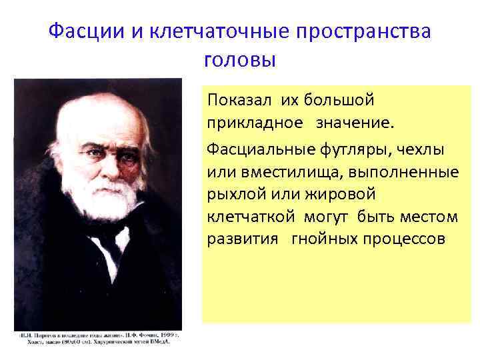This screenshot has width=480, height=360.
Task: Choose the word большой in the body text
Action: click(x=339, y=100)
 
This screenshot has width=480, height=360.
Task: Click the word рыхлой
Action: click(x=235, y=194)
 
